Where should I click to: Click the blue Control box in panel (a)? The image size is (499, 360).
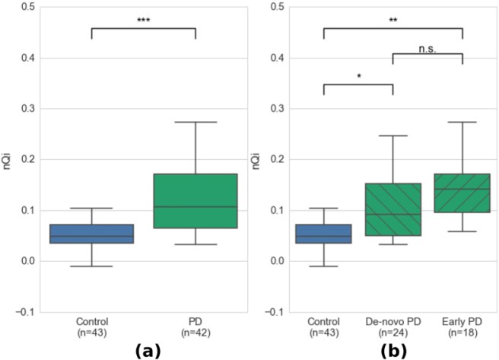tap(91, 234)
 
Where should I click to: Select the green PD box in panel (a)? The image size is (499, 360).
tap(195, 201)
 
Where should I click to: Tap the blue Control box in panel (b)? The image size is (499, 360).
tap(323, 234)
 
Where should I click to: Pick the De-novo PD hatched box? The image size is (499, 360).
tap(393, 209)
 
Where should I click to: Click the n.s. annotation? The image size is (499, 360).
tap(427, 47)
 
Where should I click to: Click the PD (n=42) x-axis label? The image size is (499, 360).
tap(195, 326)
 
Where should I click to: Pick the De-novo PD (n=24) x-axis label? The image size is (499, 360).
tap(393, 326)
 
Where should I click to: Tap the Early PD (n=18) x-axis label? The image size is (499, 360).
tap(462, 326)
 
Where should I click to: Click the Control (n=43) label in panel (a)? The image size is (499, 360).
tap(91, 326)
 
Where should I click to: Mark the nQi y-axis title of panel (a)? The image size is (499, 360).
tap(8, 159)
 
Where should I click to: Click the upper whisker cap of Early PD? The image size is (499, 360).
tap(462, 122)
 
